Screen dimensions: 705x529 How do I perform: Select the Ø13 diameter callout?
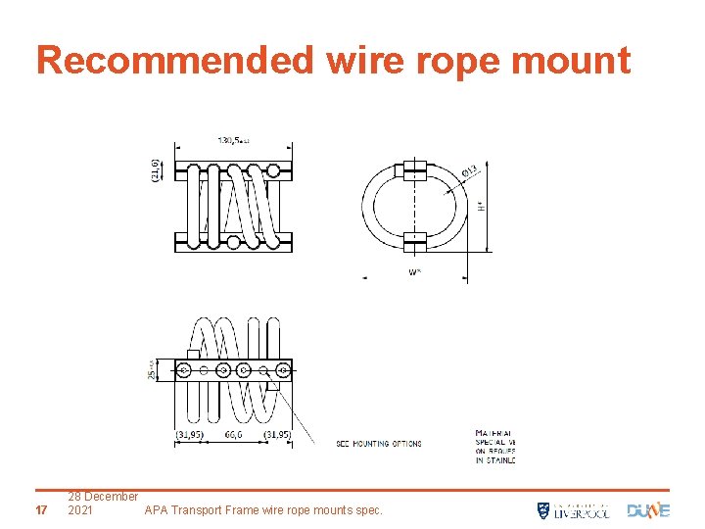(x=469, y=171)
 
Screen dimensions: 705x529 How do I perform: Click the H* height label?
(x=481, y=206)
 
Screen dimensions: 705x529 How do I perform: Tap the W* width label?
(x=415, y=272)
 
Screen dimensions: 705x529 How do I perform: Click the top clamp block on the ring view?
(x=415, y=168)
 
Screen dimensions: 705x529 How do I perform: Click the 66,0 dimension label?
(x=233, y=433)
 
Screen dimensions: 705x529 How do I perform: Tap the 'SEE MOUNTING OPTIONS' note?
(x=379, y=444)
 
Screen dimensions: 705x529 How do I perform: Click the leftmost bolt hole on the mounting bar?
(x=184, y=369)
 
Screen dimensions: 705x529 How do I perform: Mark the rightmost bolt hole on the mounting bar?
(x=282, y=369)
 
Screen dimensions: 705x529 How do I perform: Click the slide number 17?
(x=40, y=510)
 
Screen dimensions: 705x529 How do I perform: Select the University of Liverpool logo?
(x=573, y=509)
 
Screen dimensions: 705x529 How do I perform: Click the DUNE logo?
(x=648, y=509)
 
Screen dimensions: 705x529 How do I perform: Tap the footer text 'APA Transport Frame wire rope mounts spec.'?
(x=263, y=510)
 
